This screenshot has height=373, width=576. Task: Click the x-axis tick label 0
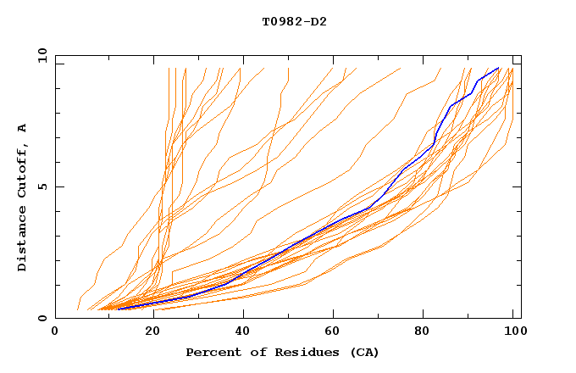click(55, 332)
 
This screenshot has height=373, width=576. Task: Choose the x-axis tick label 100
click(513, 332)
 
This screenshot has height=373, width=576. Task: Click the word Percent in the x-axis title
click(212, 352)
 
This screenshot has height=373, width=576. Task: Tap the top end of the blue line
click(498, 68)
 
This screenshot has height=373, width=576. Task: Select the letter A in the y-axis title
click(22, 127)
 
